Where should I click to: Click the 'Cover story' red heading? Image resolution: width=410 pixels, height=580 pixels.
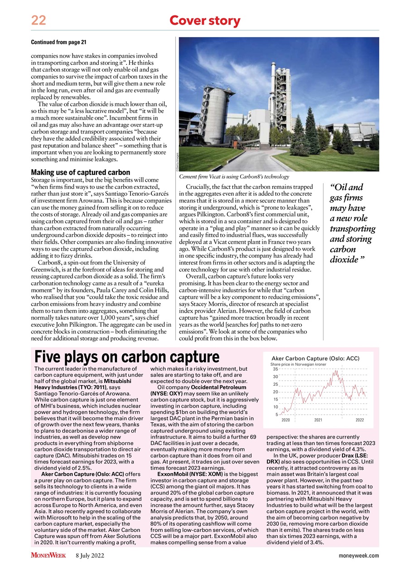coord(204,20)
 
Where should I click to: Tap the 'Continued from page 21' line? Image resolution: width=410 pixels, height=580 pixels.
coord(58,42)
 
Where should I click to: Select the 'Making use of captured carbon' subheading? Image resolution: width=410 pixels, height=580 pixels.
coord(80,173)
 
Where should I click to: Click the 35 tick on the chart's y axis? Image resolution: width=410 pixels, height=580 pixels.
coord(275,369)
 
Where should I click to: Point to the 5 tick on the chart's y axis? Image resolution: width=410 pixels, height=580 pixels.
coord(276,414)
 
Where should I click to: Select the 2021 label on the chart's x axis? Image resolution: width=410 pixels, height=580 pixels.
coord(318,420)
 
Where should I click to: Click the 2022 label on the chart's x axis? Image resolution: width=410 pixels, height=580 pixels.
coord(359,420)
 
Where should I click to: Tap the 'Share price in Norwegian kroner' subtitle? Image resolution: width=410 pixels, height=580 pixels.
coord(298,364)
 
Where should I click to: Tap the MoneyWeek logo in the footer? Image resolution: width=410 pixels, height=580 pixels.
coord(48,556)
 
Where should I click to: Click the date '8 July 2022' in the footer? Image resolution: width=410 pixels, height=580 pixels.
coord(90,556)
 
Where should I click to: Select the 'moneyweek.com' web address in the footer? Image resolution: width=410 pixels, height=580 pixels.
coord(358,556)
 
